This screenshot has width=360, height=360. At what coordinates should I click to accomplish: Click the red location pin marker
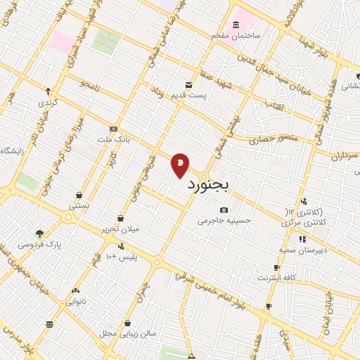coord(180,164)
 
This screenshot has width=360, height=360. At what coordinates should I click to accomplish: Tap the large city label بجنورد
coord(213,185)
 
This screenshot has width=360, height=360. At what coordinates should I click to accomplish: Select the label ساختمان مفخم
coord(238,34)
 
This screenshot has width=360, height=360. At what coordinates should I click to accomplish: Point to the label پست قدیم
coord(211,96)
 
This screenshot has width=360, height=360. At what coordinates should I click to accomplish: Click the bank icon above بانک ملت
coord(113,129)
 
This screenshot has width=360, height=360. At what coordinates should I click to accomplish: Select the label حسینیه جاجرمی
coord(224,220)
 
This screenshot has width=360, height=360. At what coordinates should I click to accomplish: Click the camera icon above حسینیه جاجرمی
coord(224,210)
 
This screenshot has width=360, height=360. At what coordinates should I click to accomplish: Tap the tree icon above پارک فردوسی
coord(39,233)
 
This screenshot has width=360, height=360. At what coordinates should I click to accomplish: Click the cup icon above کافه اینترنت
coord(276,268)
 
